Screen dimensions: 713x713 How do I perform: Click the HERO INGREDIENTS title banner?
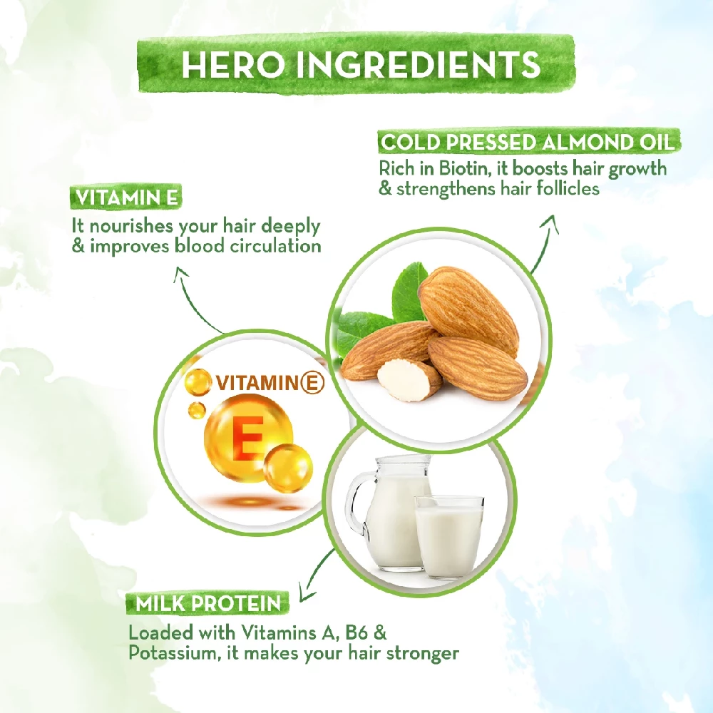pyautogui.click(x=360, y=65)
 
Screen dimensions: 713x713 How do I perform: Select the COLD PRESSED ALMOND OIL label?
pyautogui.click(x=528, y=142)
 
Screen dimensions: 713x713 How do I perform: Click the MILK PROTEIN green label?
pyautogui.click(x=203, y=604)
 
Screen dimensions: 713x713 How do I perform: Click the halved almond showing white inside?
pyautogui.click(x=409, y=380)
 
